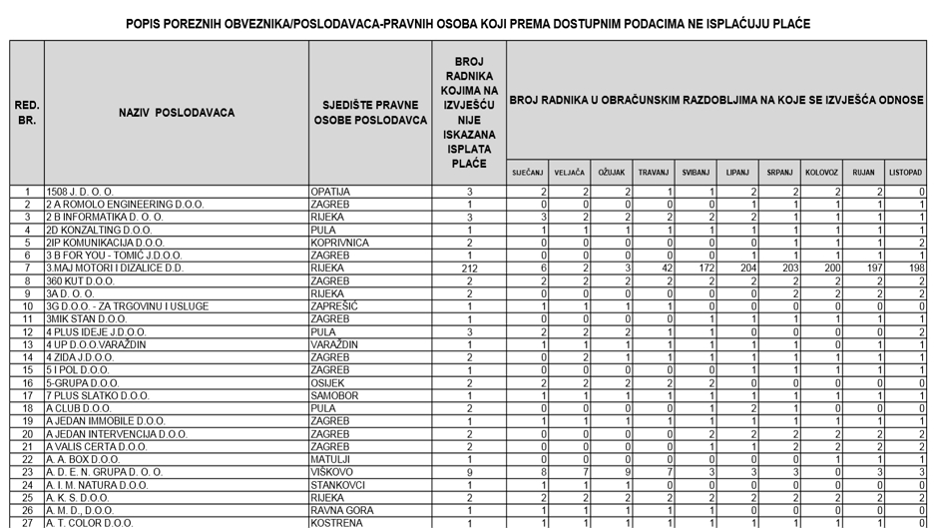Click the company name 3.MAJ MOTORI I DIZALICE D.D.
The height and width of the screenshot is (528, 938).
pyautogui.click(x=116, y=268)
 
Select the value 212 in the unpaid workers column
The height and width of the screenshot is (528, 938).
pyautogui.click(x=469, y=268)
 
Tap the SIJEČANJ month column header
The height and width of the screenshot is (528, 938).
pyautogui.click(x=527, y=173)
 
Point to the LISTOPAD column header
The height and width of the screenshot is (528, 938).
pyautogui.click(x=905, y=173)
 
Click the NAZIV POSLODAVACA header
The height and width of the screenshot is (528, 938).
pyautogui.click(x=177, y=113)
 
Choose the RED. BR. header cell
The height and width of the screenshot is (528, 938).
pyautogui.click(x=27, y=113)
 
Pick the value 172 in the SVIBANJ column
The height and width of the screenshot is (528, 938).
pyautogui.click(x=704, y=268)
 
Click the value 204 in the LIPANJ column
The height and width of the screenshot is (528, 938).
pyautogui.click(x=746, y=268)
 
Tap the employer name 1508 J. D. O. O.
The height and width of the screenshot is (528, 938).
pyautogui.click(x=81, y=192)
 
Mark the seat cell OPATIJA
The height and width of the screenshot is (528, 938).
pyautogui.click(x=330, y=192)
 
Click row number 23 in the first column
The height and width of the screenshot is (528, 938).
pyautogui.click(x=27, y=472)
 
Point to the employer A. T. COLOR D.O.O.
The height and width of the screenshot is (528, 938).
pyautogui.click(x=90, y=523)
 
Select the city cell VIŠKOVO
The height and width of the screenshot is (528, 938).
pyautogui.click(x=332, y=472)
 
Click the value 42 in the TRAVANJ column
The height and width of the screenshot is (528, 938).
pyautogui.click(x=667, y=268)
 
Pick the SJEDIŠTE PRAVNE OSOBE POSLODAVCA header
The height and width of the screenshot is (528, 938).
pyautogui.click(x=370, y=113)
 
